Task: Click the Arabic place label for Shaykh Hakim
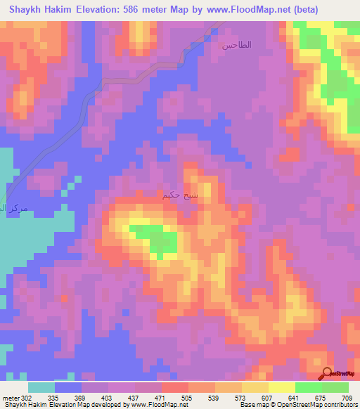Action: pyautogui.click(x=185, y=196)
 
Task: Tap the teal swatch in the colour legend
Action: pyautogui.click(x=41, y=387)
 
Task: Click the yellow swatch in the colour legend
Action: pyautogui.click(x=281, y=387)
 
